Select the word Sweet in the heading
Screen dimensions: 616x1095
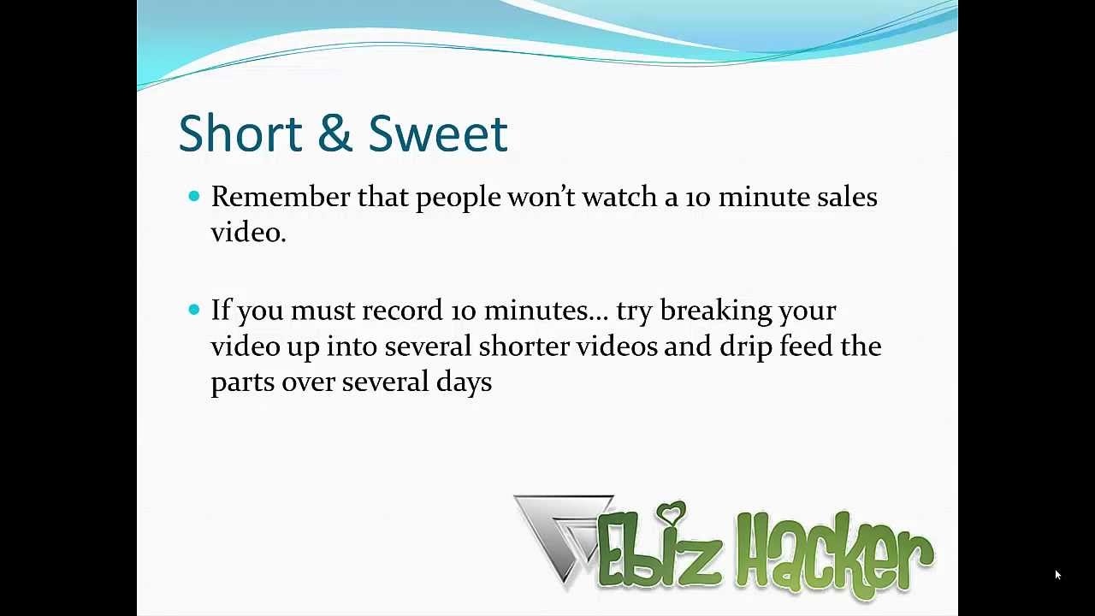coord(438,133)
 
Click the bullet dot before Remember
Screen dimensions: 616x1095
coord(193,197)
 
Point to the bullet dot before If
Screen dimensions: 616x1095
coord(193,310)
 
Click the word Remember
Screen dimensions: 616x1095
coord(281,198)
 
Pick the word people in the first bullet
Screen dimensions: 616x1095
coord(458,198)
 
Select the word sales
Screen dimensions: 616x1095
coord(846,198)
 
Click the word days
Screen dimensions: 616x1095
coord(464,382)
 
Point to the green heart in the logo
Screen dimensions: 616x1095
coord(674,513)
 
